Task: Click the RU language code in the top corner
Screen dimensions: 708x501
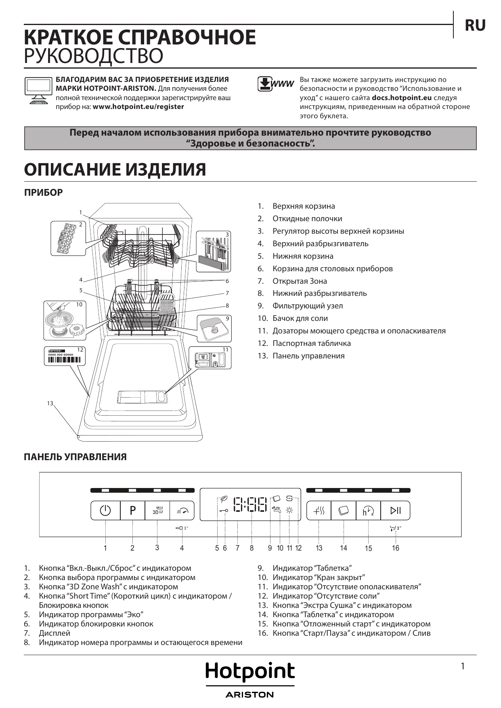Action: (x=475, y=25)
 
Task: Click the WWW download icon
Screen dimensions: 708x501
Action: (x=276, y=84)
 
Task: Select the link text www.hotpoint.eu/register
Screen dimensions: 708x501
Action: (x=138, y=107)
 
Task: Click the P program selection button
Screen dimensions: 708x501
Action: (x=132, y=511)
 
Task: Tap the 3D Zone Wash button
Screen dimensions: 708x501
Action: (x=157, y=511)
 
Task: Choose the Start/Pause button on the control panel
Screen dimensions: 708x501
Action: (x=396, y=511)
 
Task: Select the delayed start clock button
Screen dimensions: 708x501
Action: (x=368, y=511)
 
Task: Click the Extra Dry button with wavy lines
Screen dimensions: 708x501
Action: (x=319, y=511)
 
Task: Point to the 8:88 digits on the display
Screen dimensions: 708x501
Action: (x=251, y=505)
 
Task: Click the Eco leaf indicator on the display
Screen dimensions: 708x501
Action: (x=223, y=499)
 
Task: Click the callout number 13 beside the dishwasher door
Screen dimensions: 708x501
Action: (x=50, y=403)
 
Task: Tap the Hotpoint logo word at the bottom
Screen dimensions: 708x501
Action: (x=250, y=671)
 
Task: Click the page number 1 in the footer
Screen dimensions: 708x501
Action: (x=463, y=666)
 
